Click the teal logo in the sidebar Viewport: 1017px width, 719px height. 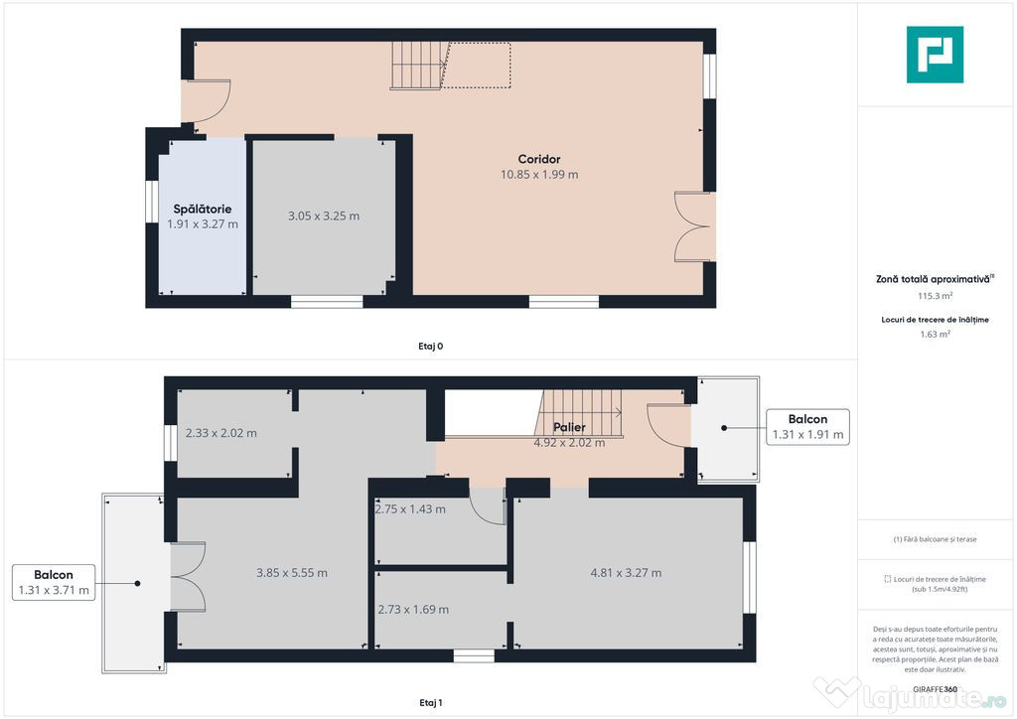(935, 54)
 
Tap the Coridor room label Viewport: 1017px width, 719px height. (539, 159)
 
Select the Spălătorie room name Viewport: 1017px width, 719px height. (203, 210)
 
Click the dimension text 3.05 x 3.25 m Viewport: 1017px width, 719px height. (324, 216)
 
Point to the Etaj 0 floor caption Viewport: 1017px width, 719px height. (430, 347)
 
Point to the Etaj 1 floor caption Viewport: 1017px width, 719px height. (430, 703)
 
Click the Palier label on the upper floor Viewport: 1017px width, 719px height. (569, 428)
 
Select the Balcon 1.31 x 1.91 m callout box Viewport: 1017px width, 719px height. (807, 426)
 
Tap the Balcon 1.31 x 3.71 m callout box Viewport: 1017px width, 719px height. (54, 582)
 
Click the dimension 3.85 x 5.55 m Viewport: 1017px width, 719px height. (292, 573)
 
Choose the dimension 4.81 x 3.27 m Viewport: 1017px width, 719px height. (626, 573)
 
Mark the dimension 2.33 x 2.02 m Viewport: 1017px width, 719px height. (221, 433)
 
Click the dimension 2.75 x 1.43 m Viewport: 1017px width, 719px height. (410, 509)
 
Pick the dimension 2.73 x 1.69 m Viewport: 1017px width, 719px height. (413, 610)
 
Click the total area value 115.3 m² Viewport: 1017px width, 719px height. (935, 296)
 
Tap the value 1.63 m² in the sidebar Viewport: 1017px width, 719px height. (935, 335)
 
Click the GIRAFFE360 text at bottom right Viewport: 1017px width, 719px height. (935, 688)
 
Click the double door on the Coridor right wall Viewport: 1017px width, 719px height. (691, 226)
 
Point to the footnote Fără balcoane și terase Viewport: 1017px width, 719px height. (935, 539)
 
